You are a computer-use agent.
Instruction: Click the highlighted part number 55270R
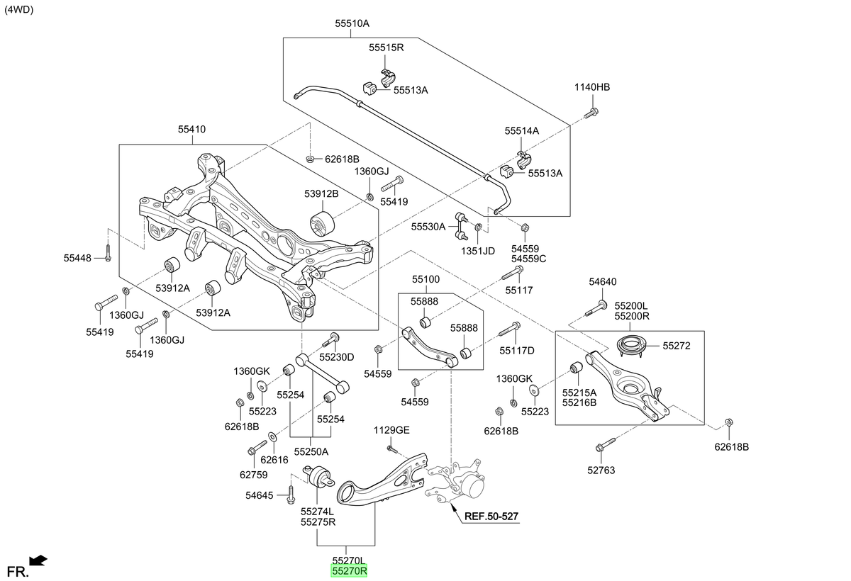click(349, 571)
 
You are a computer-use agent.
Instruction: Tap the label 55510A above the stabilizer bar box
click(352, 23)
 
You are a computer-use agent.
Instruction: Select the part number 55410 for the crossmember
click(192, 130)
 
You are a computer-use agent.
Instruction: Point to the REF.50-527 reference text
click(491, 516)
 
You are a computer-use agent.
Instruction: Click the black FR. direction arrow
click(38, 560)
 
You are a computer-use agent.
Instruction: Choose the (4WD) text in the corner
click(19, 10)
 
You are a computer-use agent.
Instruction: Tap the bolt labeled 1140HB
click(591, 113)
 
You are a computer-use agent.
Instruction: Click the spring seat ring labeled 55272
click(629, 346)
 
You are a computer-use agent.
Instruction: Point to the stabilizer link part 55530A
click(461, 227)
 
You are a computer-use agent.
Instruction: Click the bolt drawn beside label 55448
click(108, 253)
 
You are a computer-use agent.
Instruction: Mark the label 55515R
click(386, 47)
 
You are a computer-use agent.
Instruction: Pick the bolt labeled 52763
click(605, 445)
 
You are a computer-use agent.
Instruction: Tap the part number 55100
click(425, 279)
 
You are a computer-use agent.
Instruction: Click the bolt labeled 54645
click(291, 495)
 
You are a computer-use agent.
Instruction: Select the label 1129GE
click(391, 430)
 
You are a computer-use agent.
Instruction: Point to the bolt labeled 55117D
click(509, 329)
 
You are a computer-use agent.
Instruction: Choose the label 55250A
click(311, 451)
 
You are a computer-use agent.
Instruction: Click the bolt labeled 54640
click(596, 309)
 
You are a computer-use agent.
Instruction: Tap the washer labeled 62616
click(272, 436)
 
